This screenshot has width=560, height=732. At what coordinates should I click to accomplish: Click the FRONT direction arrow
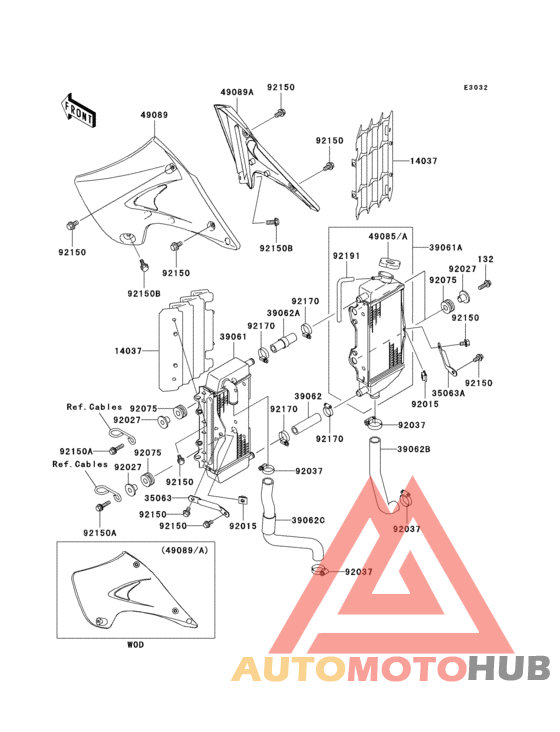click(x=78, y=110)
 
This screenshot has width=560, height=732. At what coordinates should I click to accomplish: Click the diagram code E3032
click(x=476, y=87)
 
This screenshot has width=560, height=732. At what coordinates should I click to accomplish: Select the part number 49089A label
click(x=237, y=92)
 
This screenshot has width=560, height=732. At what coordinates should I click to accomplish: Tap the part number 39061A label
click(x=446, y=248)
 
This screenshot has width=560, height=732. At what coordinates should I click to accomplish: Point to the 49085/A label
click(x=388, y=237)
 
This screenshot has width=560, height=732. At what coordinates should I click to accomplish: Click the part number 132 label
click(x=485, y=259)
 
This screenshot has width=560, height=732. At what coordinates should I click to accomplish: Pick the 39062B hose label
click(x=413, y=450)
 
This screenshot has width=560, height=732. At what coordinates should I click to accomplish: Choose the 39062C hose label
click(x=308, y=520)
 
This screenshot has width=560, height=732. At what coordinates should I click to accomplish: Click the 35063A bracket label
click(x=448, y=393)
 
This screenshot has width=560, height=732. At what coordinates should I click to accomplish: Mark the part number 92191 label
click(x=346, y=256)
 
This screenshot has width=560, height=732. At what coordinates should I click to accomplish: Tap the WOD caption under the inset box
click(x=135, y=645)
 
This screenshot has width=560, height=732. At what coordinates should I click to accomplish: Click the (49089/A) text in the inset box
click(x=185, y=550)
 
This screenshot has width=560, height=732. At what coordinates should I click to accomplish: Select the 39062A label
click(x=284, y=313)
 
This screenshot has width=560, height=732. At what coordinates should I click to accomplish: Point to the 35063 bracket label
click(x=158, y=498)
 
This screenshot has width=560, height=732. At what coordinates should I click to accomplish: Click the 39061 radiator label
click(x=233, y=337)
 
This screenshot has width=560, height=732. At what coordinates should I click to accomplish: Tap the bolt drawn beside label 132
click(x=485, y=284)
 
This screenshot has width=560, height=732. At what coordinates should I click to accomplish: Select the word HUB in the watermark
click(x=509, y=668)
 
